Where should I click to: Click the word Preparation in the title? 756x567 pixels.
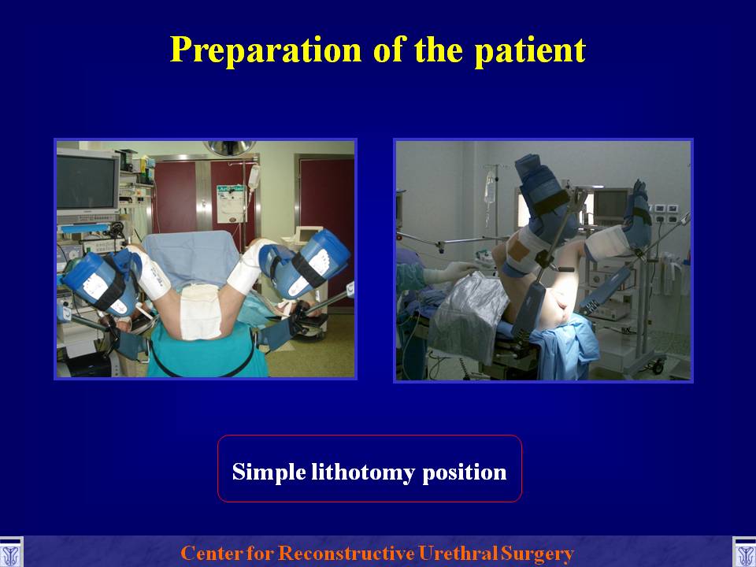(x=265, y=50)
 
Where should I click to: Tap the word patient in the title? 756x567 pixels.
(x=530, y=50)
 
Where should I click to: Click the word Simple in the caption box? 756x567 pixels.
(x=269, y=472)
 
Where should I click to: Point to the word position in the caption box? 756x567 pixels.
(x=465, y=472)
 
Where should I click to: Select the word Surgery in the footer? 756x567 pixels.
(x=537, y=554)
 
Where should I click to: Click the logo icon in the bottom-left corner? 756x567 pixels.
(x=10, y=554)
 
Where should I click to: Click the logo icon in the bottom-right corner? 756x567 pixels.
(x=744, y=554)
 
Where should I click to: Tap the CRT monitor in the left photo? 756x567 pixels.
(x=87, y=181)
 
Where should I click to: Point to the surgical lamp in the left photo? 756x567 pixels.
(x=229, y=147)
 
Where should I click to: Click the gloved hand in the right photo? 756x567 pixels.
(x=450, y=272)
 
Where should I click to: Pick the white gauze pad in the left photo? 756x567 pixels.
(x=201, y=311)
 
